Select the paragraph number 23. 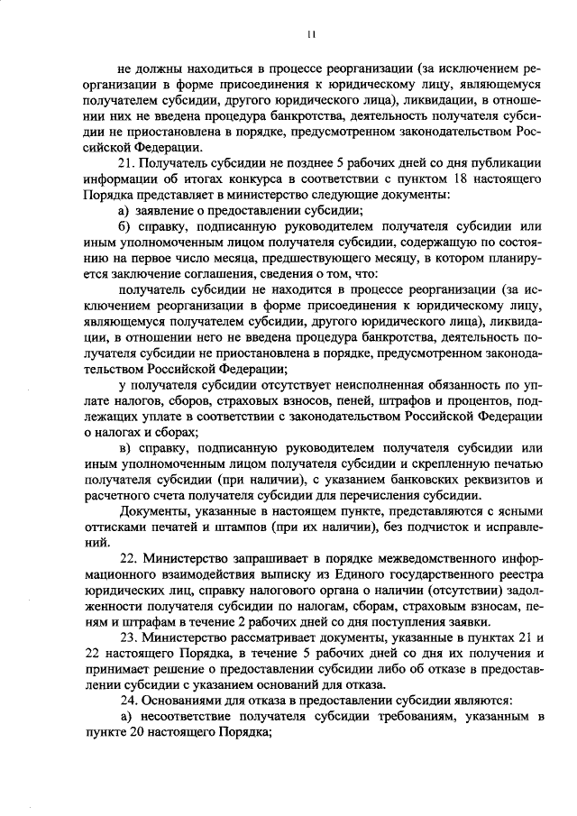(x=128, y=637)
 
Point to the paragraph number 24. (x=128, y=701)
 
